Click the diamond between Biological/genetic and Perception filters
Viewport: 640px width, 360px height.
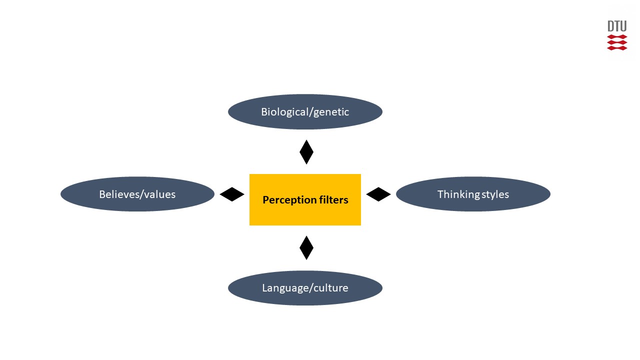[306, 152]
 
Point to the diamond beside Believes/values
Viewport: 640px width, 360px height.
[232, 194]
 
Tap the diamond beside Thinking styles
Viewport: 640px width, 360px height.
[378, 194]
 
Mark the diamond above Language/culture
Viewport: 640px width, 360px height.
[306, 247]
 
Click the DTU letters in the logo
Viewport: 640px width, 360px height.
[617, 26]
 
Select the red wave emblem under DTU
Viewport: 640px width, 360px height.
[617, 42]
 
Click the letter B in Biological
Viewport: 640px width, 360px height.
[264, 112]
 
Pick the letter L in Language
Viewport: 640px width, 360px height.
[265, 288]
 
